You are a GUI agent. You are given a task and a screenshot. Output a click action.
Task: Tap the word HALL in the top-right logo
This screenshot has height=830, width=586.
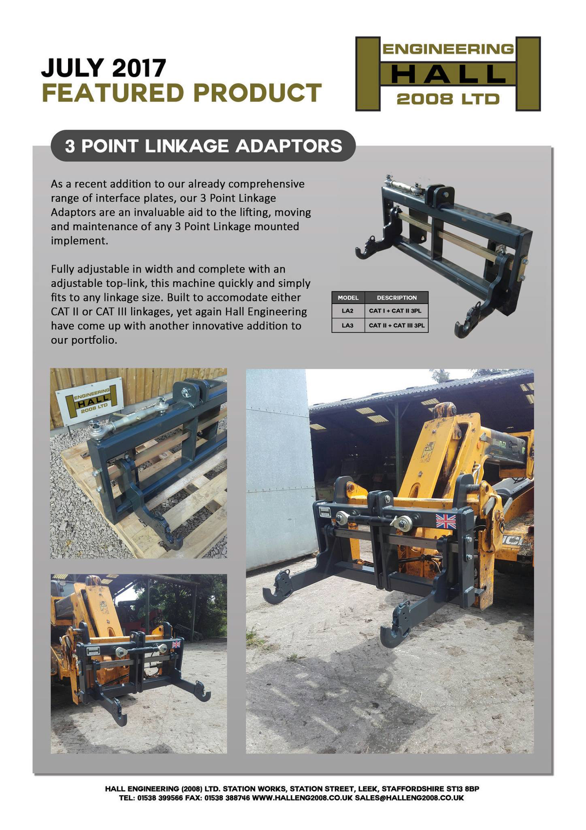pos(448,74)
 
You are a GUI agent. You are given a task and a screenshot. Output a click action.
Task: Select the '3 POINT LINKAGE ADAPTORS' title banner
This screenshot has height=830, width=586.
pos(203,146)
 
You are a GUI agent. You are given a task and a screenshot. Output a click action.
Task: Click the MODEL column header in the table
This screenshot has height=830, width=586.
pos(348,297)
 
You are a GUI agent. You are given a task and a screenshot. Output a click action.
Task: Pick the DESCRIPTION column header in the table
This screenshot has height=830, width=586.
pos(396,297)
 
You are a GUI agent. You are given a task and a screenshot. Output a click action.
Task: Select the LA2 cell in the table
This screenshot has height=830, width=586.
pos(348,311)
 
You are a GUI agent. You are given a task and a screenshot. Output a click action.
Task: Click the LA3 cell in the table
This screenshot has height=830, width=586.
pos(348,325)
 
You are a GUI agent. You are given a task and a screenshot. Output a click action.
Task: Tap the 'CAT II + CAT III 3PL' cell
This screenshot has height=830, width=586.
pos(396,325)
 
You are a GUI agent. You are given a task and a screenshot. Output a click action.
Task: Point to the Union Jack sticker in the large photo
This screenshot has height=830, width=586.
pos(445,522)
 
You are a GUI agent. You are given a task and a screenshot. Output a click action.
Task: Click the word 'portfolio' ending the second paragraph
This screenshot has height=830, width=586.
pos(84,340)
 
